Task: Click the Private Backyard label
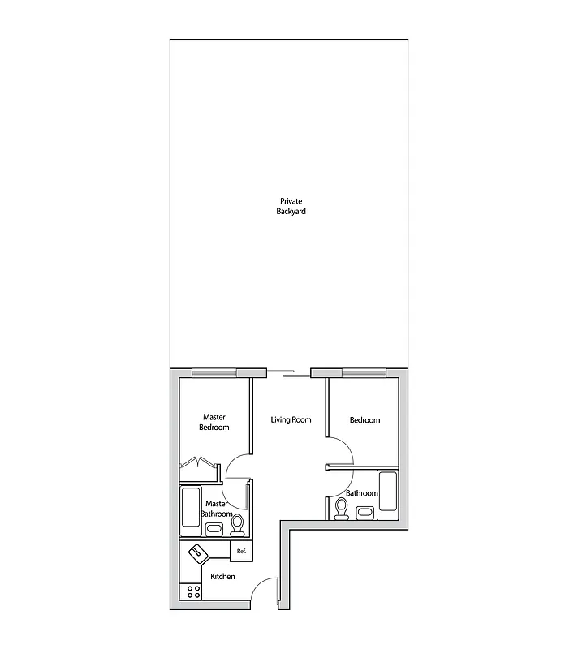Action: (x=291, y=206)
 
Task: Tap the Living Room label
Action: (x=291, y=420)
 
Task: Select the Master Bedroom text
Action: (x=214, y=423)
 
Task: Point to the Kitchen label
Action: (x=223, y=577)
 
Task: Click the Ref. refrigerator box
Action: (x=241, y=552)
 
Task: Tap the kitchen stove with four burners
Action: (x=193, y=591)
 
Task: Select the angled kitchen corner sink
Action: (x=199, y=554)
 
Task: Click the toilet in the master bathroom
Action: (x=238, y=526)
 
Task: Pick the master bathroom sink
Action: (x=214, y=530)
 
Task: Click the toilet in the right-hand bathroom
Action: (x=342, y=509)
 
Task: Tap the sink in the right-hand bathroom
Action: (x=364, y=512)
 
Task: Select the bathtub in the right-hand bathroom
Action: (x=386, y=494)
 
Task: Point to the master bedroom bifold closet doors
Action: (x=200, y=463)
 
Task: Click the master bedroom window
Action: (x=214, y=373)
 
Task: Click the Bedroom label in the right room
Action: (x=364, y=420)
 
